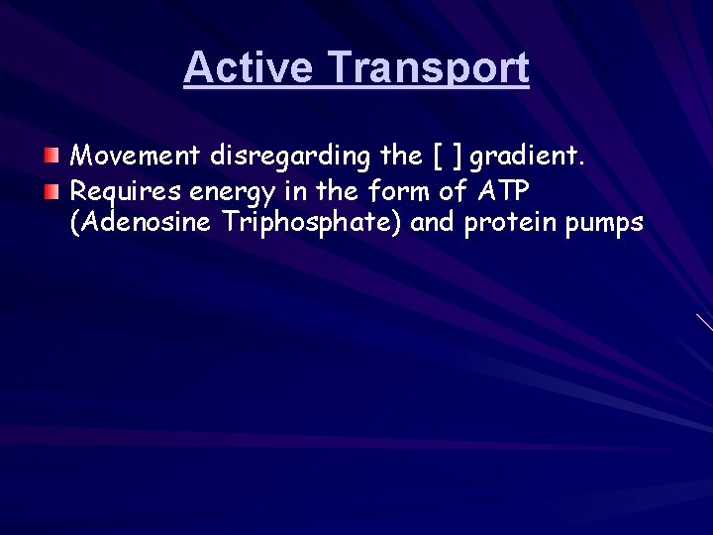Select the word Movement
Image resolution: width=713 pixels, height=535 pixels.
[137, 156]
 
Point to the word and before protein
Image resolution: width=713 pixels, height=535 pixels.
[431, 223]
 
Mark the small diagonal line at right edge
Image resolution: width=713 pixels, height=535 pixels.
[703, 321]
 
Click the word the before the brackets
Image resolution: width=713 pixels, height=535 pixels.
[401, 156]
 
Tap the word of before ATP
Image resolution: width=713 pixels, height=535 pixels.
[453, 189]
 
